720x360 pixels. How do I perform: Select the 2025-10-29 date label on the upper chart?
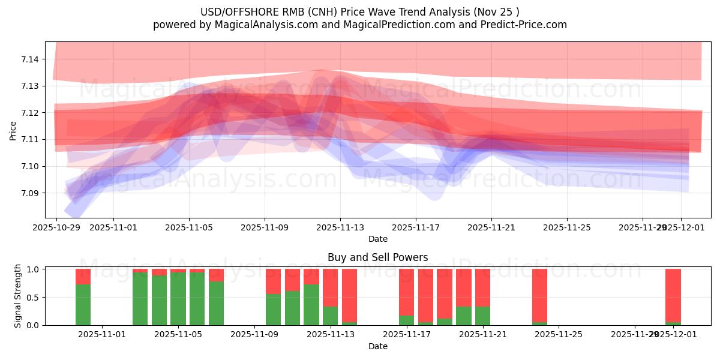tap(56, 228)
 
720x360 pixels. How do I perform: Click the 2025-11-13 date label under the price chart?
tap(340, 228)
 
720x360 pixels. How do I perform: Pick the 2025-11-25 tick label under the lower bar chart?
tap(559, 335)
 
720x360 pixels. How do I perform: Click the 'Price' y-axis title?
tap(13, 130)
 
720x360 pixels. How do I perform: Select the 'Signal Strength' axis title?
tap(18, 296)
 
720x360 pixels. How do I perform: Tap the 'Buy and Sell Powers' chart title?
tap(377, 257)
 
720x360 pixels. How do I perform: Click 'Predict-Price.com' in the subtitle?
tap(525, 25)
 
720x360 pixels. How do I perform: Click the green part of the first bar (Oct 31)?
tap(83, 305)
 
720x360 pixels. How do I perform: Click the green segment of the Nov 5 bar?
tap(178, 299)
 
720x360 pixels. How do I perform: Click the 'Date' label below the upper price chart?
tap(377, 239)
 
